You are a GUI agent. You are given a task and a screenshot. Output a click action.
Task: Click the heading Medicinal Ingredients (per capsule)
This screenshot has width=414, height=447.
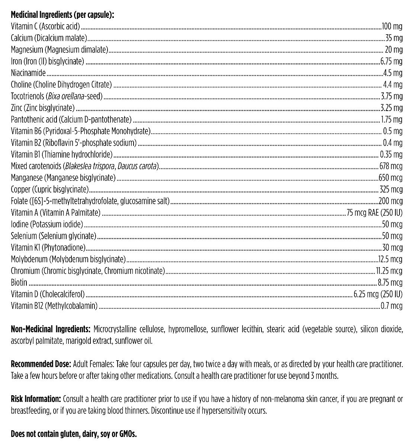(62, 15)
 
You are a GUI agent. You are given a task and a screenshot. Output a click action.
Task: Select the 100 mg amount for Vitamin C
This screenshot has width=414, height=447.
(392, 26)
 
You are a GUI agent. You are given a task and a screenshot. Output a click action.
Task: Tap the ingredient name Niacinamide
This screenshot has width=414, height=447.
(28, 73)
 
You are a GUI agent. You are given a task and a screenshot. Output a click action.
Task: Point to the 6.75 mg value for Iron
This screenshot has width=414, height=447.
(391, 61)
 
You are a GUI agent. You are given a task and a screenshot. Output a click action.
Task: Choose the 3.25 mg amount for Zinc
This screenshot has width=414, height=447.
(391, 108)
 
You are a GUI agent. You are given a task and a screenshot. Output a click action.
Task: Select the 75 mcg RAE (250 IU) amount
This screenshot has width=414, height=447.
(375, 213)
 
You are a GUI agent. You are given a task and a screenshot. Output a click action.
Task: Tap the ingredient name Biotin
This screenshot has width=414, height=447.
(19, 283)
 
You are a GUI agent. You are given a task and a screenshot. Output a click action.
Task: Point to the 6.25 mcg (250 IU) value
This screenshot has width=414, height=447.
(378, 294)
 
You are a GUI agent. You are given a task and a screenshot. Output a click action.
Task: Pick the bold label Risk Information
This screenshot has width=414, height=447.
(36, 399)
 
